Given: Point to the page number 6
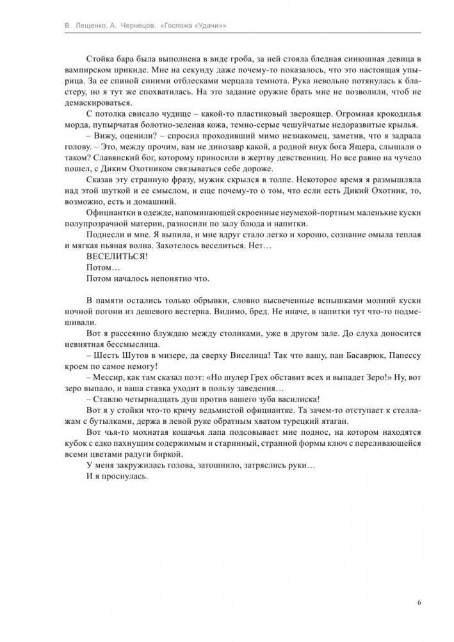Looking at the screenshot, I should click(418, 602).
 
